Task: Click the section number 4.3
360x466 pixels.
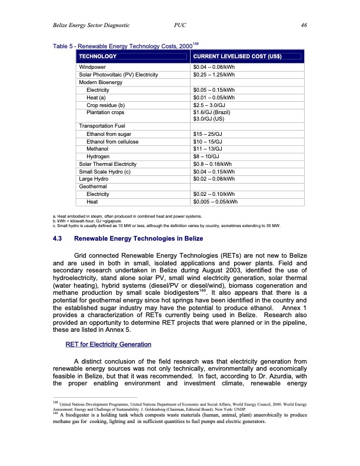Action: [59, 239]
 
